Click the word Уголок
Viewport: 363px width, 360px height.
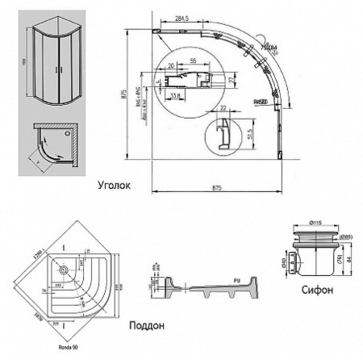tap(113, 185)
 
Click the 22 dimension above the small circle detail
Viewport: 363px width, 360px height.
tap(223, 107)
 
